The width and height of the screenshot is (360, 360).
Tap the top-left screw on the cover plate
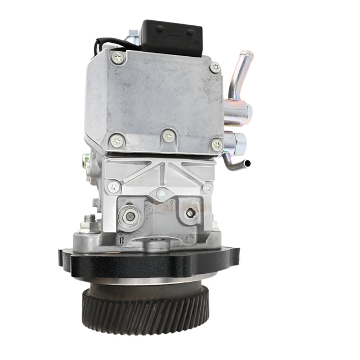(x=118, y=57)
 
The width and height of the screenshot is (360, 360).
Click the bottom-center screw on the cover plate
(x=168, y=136)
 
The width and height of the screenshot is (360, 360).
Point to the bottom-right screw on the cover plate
(x=217, y=145)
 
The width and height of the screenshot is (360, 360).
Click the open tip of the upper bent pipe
(x=246, y=55)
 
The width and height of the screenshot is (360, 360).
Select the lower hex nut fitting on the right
(x=235, y=143)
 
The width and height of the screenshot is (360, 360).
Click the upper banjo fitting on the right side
(x=236, y=109)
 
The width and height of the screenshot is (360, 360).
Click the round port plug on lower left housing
(x=130, y=216)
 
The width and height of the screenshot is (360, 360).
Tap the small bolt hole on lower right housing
(x=192, y=213)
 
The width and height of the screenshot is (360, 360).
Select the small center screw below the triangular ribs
(x=162, y=194)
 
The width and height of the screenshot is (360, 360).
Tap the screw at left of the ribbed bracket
(x=114, y=187)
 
